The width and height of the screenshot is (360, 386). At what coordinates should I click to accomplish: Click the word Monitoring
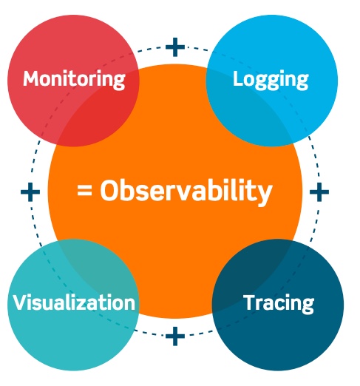pos(74,79)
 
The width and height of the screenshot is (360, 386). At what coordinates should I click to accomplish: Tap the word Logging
pos(271,79)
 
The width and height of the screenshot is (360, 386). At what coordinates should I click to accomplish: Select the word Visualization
pos(74,302)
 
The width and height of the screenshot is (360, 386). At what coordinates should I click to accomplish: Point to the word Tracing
pos(279,303)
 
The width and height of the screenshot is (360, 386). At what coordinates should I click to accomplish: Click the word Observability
pos(186,191)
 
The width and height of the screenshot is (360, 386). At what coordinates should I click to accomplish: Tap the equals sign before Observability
pos(84,191)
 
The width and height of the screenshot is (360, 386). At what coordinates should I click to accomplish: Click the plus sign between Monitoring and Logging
pos(175,47)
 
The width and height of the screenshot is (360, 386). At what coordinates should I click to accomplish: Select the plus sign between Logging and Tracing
pos(319,192)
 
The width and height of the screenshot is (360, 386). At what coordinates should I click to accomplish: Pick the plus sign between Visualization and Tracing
pos(175,336)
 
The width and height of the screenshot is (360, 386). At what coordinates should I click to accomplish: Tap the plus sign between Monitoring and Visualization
pos(30,192)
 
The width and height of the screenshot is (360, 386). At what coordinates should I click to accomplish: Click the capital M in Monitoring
pos(32,78)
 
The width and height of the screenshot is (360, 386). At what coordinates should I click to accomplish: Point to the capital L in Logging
pos(239,78)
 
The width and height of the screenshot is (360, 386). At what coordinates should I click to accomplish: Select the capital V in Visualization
pos(21,302)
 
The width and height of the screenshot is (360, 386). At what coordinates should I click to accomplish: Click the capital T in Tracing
pos(250,302)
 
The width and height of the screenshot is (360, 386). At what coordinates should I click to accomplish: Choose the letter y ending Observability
pos(265,194)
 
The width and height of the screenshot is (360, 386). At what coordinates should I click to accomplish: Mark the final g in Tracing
pos(308,306)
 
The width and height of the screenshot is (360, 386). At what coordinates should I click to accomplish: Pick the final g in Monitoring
pos(120,82)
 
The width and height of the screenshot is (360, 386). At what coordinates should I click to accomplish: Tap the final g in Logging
pos(302,82)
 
